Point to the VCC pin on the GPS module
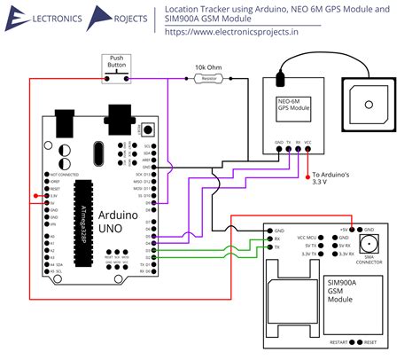click(307, 143)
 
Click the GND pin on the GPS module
click(277, 143)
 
